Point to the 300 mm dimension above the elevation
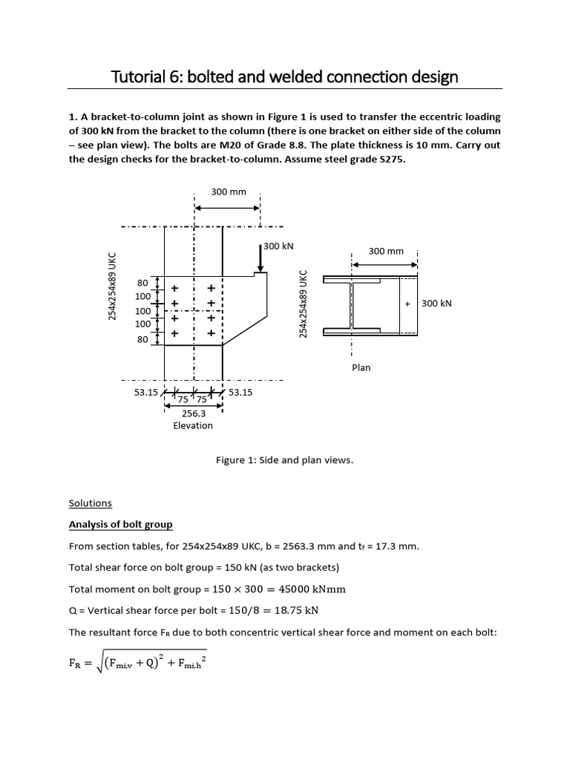(228, 192)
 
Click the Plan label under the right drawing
(361, 367)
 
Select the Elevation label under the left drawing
(193, 425)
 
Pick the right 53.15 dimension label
(240, 392)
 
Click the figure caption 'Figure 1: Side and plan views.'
(284, 460)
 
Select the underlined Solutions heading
(90, 502)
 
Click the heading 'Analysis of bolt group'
(120, 525)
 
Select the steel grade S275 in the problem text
(390, 165)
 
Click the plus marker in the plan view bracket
(407, 304)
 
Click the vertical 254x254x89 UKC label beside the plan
(303, 304)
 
